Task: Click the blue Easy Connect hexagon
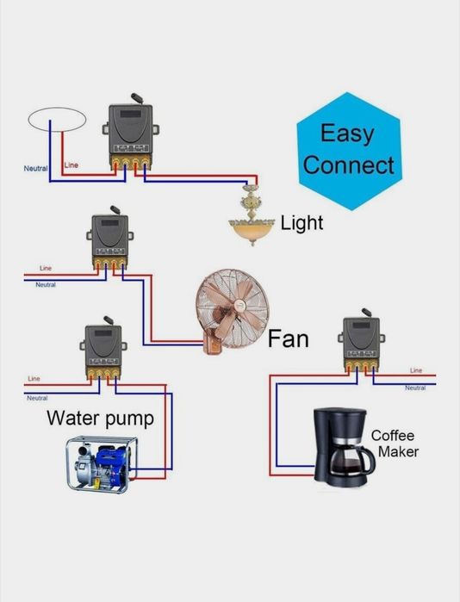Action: (x=349, y=151)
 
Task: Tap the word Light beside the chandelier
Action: (x=301, y=223)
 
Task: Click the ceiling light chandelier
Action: (x=252, y=215)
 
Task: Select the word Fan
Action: (x=288, y=339)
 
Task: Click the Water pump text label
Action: (x=100, y=419)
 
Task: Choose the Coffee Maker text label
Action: (x=395, y=444)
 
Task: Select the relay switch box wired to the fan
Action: (x=110, y=239)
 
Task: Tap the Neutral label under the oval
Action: (x=35, y=169)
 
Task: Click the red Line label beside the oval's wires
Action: (x=71, y=165)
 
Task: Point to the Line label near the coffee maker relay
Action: (x=416, y=370)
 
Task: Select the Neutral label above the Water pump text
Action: (x=37, y=398)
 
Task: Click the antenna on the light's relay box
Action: (x=137, y=98)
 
